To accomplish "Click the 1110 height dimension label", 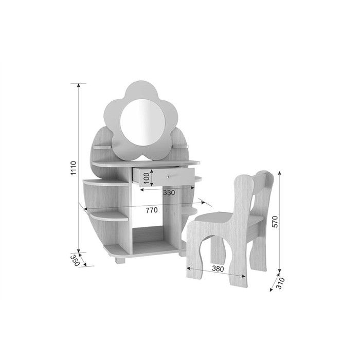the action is coord(73,168).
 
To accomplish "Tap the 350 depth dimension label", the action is coord(75,260).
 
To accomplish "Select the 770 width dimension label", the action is coord(152,210).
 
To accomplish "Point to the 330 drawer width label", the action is coord(169,193).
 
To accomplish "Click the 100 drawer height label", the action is coord(146,178).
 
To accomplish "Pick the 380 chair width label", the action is coord(218,268).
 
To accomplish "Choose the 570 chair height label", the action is coord(275,222).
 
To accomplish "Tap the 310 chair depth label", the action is coord(280,283).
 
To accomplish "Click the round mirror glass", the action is coord(142,122).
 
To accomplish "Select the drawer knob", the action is coord(168,176).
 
